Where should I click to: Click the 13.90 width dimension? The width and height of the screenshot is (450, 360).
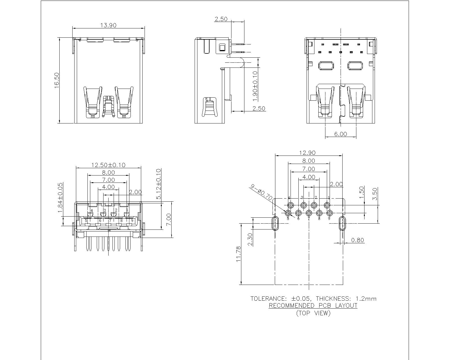108,25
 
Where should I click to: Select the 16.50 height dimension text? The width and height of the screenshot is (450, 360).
57,80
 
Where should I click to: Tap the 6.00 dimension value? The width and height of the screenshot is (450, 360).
340,134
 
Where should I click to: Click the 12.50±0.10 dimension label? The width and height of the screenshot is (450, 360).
108,165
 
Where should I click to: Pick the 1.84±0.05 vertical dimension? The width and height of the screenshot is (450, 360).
60,197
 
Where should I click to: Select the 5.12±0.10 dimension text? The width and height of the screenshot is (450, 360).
159,184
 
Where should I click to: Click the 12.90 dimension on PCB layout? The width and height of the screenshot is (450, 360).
307,153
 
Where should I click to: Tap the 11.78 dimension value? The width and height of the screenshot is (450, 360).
238,254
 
